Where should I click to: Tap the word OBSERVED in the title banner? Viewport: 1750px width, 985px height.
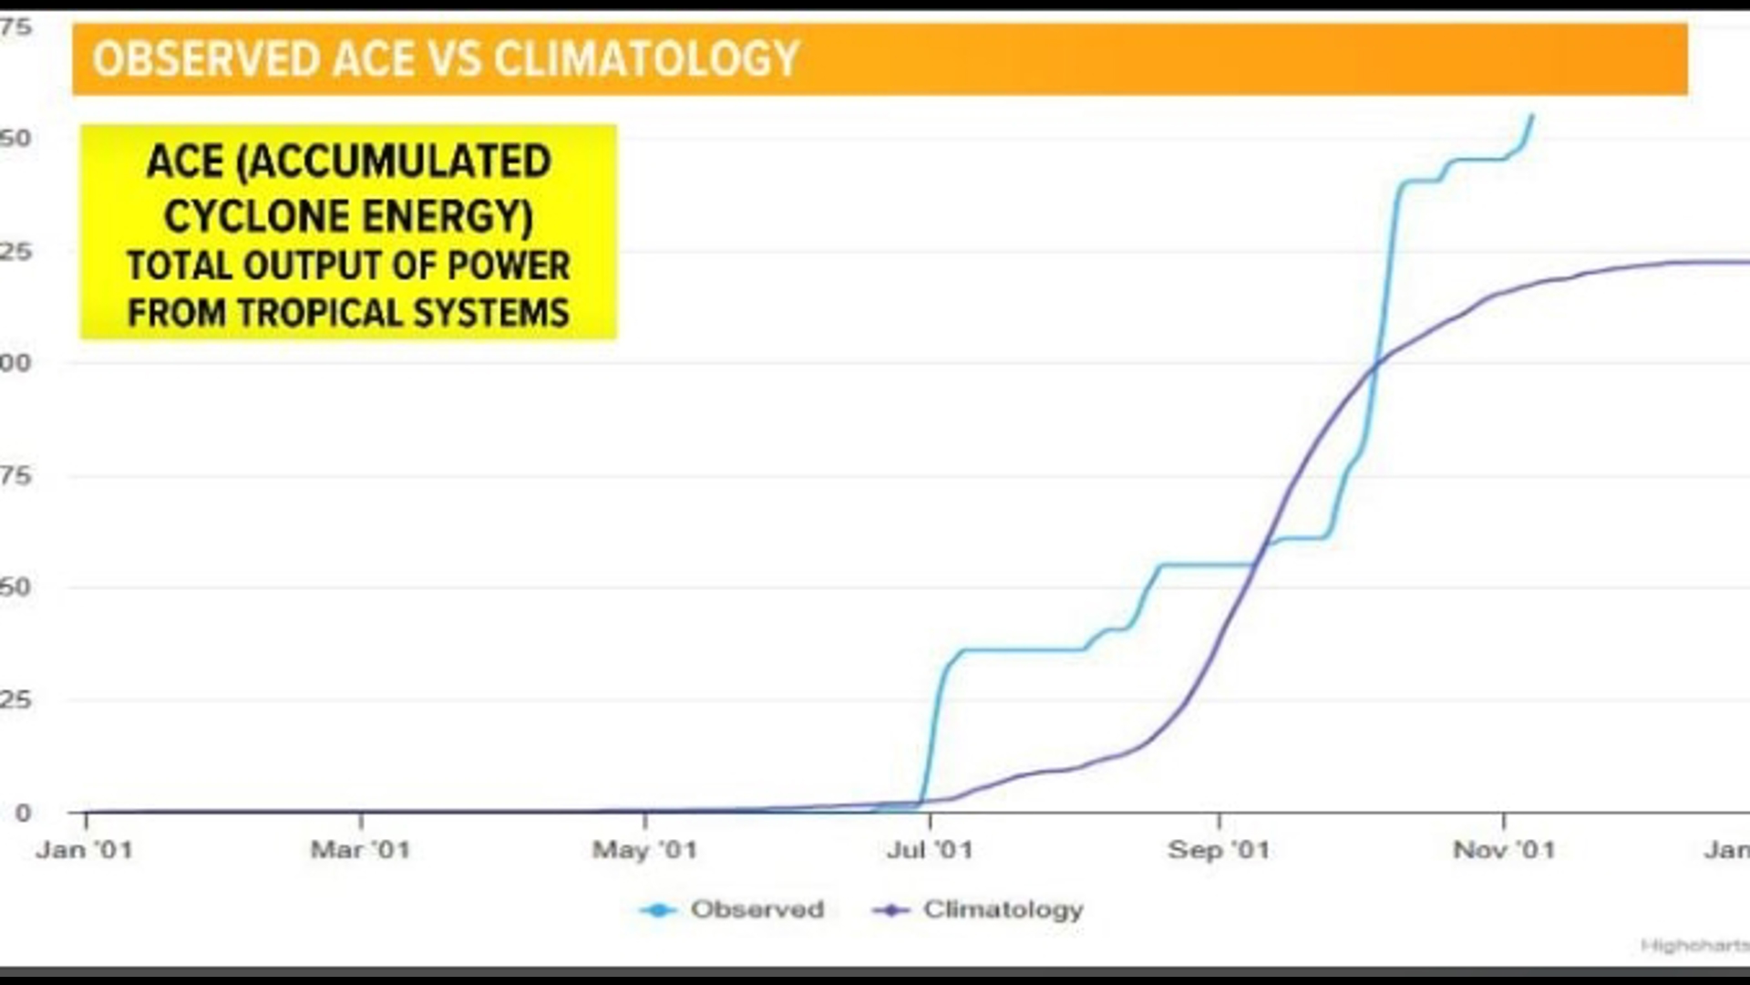(x=207, y=59)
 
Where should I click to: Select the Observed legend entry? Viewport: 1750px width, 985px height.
(x=757, y=909)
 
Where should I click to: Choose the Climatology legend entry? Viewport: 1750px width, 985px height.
(x=1003, y=909)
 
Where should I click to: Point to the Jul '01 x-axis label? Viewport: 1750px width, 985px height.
(x=930, y=850)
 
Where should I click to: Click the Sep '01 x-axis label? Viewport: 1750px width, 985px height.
(x=1219, y=850)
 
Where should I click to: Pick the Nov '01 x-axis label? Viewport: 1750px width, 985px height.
(x=1504, y=850)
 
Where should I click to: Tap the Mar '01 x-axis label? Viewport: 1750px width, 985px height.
(x=360, y=850)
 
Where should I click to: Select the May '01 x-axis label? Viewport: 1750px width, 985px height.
(x=644, y=850)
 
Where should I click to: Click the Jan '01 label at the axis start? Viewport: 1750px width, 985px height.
(x=85, y=850)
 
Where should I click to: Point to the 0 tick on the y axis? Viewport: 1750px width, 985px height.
(x=23, y=813)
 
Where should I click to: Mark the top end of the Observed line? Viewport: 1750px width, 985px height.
(x=1532, y=116)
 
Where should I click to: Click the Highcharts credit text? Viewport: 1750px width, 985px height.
(x=1693, y=946)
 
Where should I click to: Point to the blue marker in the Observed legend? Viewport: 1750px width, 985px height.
(x=658, y=910)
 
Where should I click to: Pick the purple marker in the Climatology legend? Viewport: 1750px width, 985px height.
(x=891, y=910)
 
